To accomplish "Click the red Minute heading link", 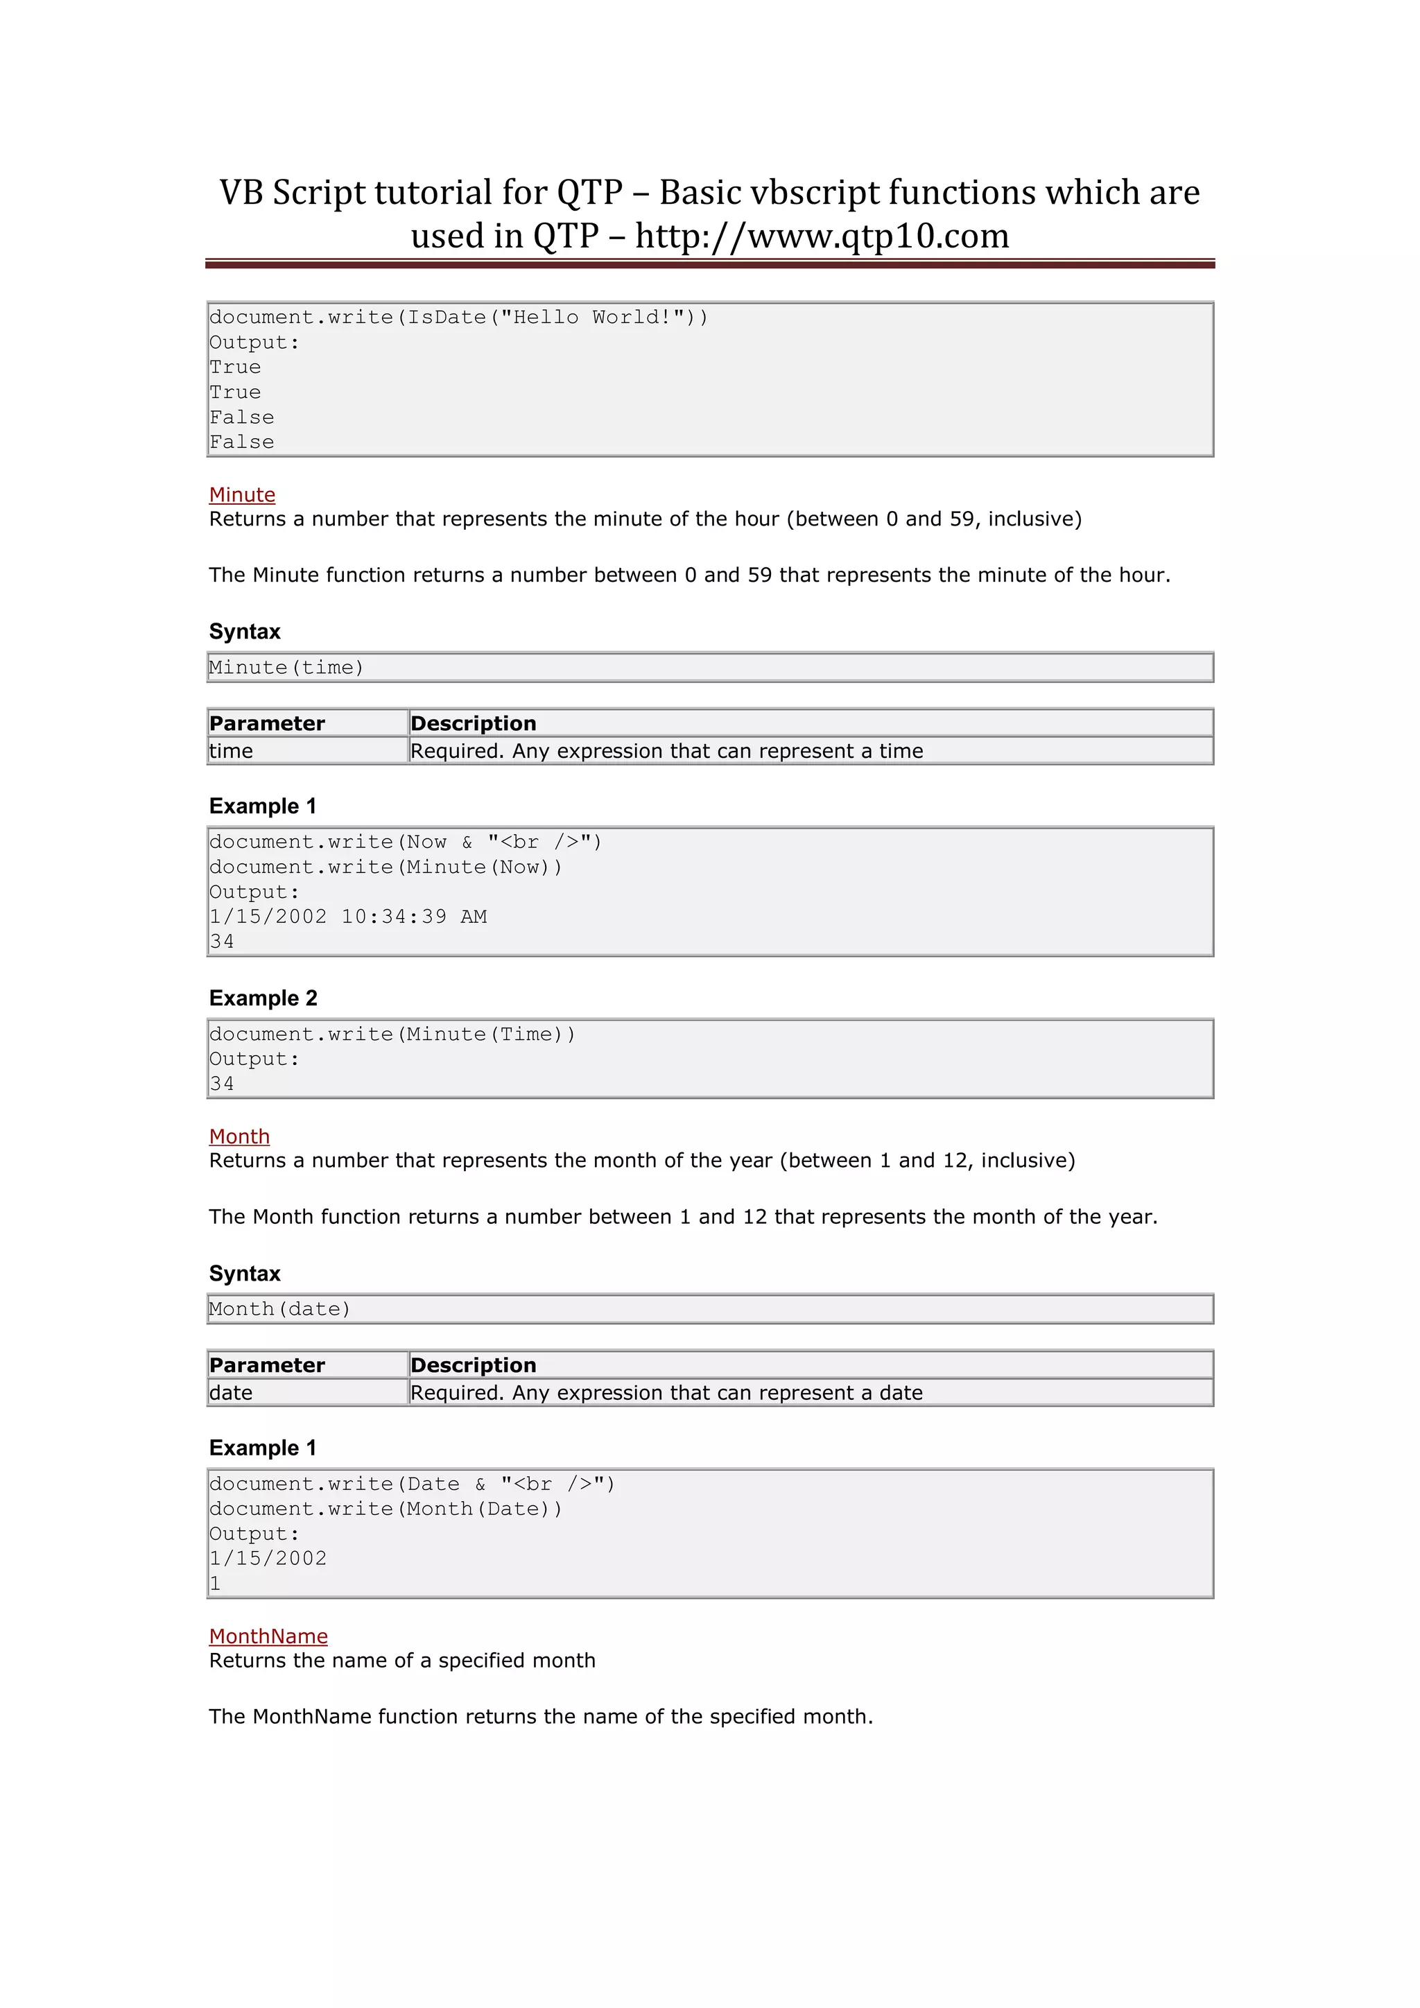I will tap(242, 495).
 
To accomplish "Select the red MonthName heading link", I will tap(268, 1636).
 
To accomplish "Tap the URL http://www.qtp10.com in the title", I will tap(822, 236).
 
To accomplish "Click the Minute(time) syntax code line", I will tap(286, 667).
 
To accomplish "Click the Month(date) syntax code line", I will tap(280, 1309).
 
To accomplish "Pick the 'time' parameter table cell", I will tap(232, 751).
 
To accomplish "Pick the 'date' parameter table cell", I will tap(232, 1393).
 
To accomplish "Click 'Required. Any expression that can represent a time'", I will tap(666, 751).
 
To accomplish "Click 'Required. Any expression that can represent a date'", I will tap(666, 1393).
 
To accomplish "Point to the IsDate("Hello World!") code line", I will tap(458, 318).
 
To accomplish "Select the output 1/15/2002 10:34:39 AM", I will tap(348, 917).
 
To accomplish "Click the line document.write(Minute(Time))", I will tap(392, 1035).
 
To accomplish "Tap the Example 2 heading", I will tap(263, 998).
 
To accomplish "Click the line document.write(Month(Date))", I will tap(386, 1509).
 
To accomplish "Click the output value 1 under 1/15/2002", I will tap(215, 1584).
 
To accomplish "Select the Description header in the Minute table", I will tap(473, 723).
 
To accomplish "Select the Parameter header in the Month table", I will tap(267, 1365).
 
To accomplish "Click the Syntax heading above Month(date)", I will tap(245, 1273).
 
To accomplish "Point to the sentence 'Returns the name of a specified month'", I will tap(402, 1661).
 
